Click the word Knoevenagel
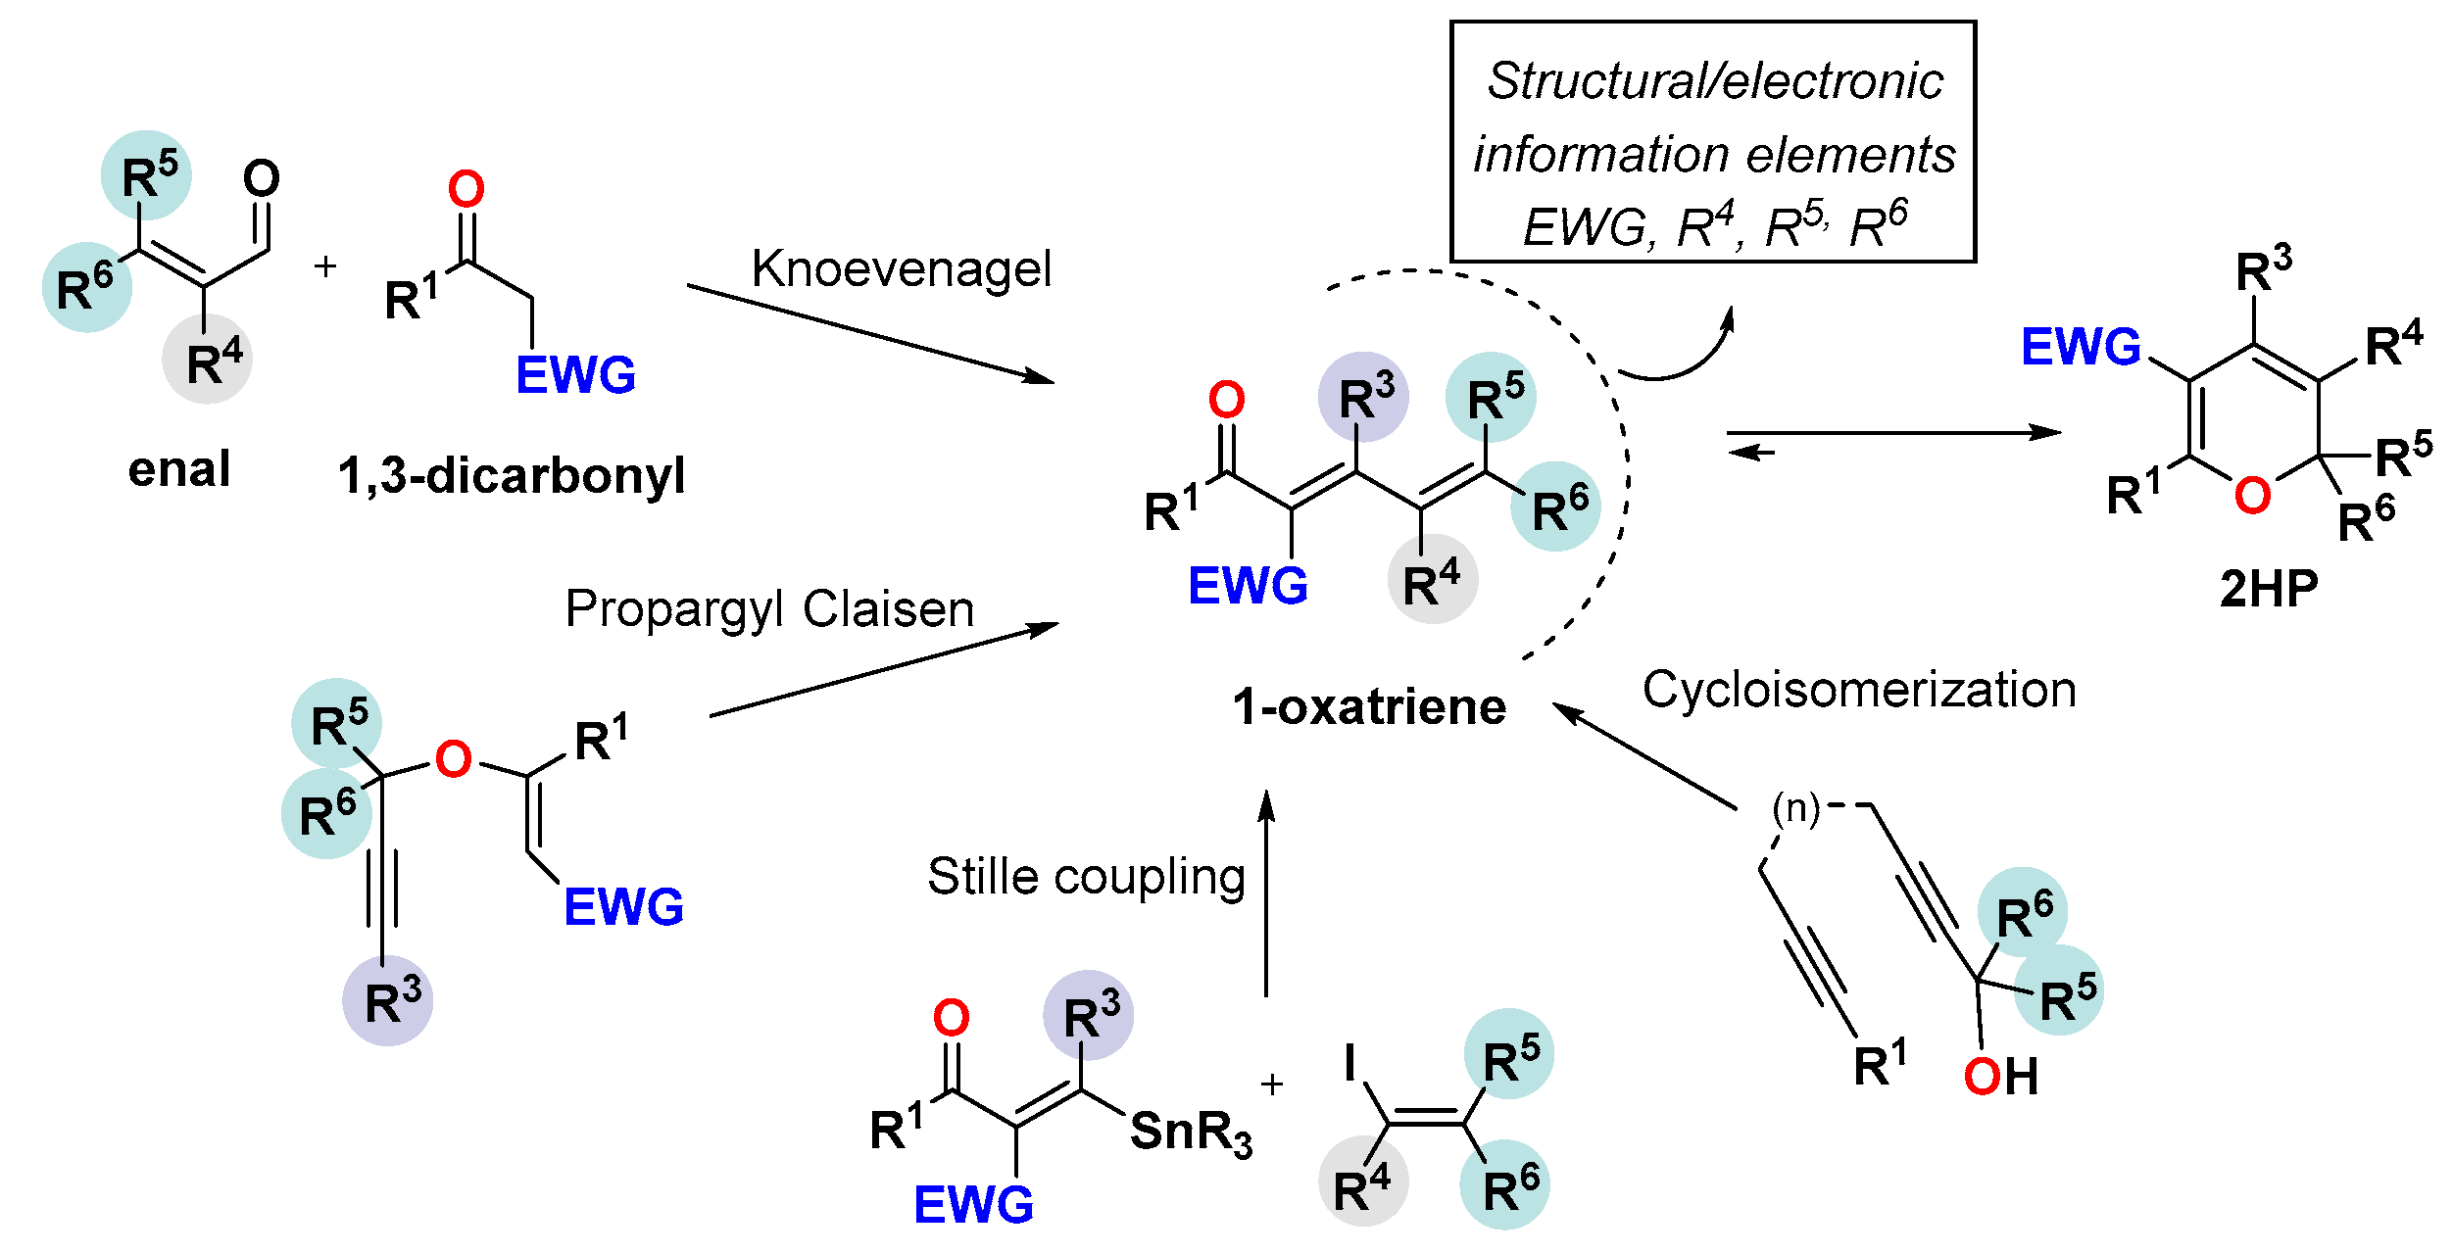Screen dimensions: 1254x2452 tap(901, 269)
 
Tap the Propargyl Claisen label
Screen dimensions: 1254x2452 tap(769, 609)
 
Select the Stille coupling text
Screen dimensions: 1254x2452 tap(1086, 876)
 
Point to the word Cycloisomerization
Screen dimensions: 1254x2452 tap(1859, 690)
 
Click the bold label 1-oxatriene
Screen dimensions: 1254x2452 tap(1368, 707)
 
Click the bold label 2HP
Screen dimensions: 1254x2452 tap(2269, 590)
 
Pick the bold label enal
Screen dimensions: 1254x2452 tap(179, 469)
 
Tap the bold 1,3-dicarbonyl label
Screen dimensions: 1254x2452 tap(511, 476)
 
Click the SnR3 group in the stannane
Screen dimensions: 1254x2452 tap(1190, 1133)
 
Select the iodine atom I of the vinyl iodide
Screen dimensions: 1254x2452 tap(1350, 1062)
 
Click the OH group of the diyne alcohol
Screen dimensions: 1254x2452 tap(2001, 1077)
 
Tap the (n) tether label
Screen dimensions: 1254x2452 tap(1795, 808)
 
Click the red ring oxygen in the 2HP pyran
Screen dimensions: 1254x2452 tap(2252, 496)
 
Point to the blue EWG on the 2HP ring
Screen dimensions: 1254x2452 tap(2081, 347)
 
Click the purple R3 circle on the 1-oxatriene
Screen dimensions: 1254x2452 tap(1363, 398)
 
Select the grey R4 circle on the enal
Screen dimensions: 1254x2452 tap(208, 360)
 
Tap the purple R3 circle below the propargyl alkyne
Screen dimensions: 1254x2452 tap(388, 1001)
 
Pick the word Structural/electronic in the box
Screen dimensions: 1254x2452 tap(1714, 81)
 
